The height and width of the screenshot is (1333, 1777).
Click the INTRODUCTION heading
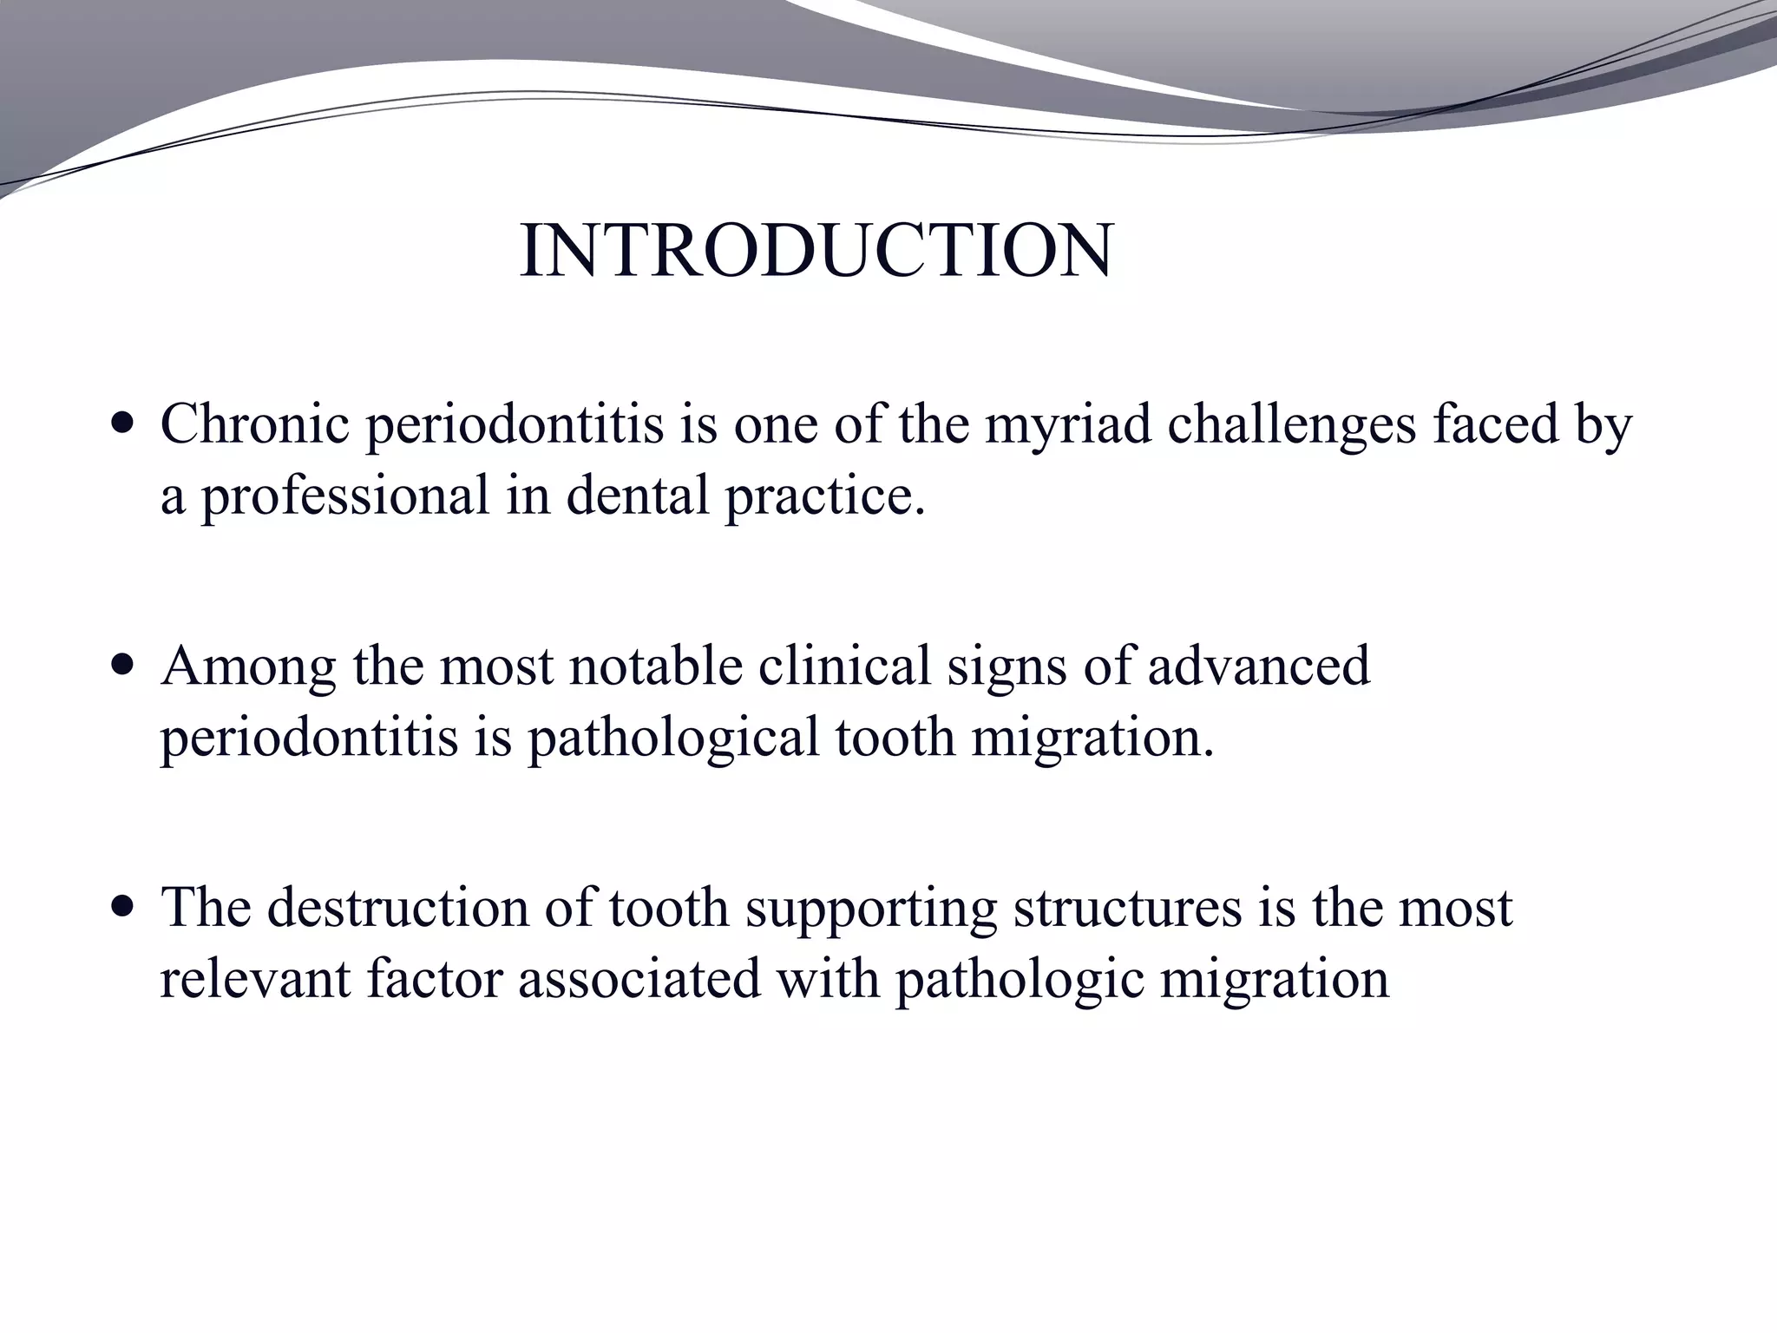point(816,252)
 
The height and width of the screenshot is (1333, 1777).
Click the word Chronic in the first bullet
point(254,425)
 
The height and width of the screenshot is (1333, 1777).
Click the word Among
point(248,667)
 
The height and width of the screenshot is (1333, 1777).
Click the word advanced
point(1259,666)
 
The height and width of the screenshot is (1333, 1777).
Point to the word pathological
point(673,739)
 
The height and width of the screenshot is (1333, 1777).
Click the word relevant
point(254,979)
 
